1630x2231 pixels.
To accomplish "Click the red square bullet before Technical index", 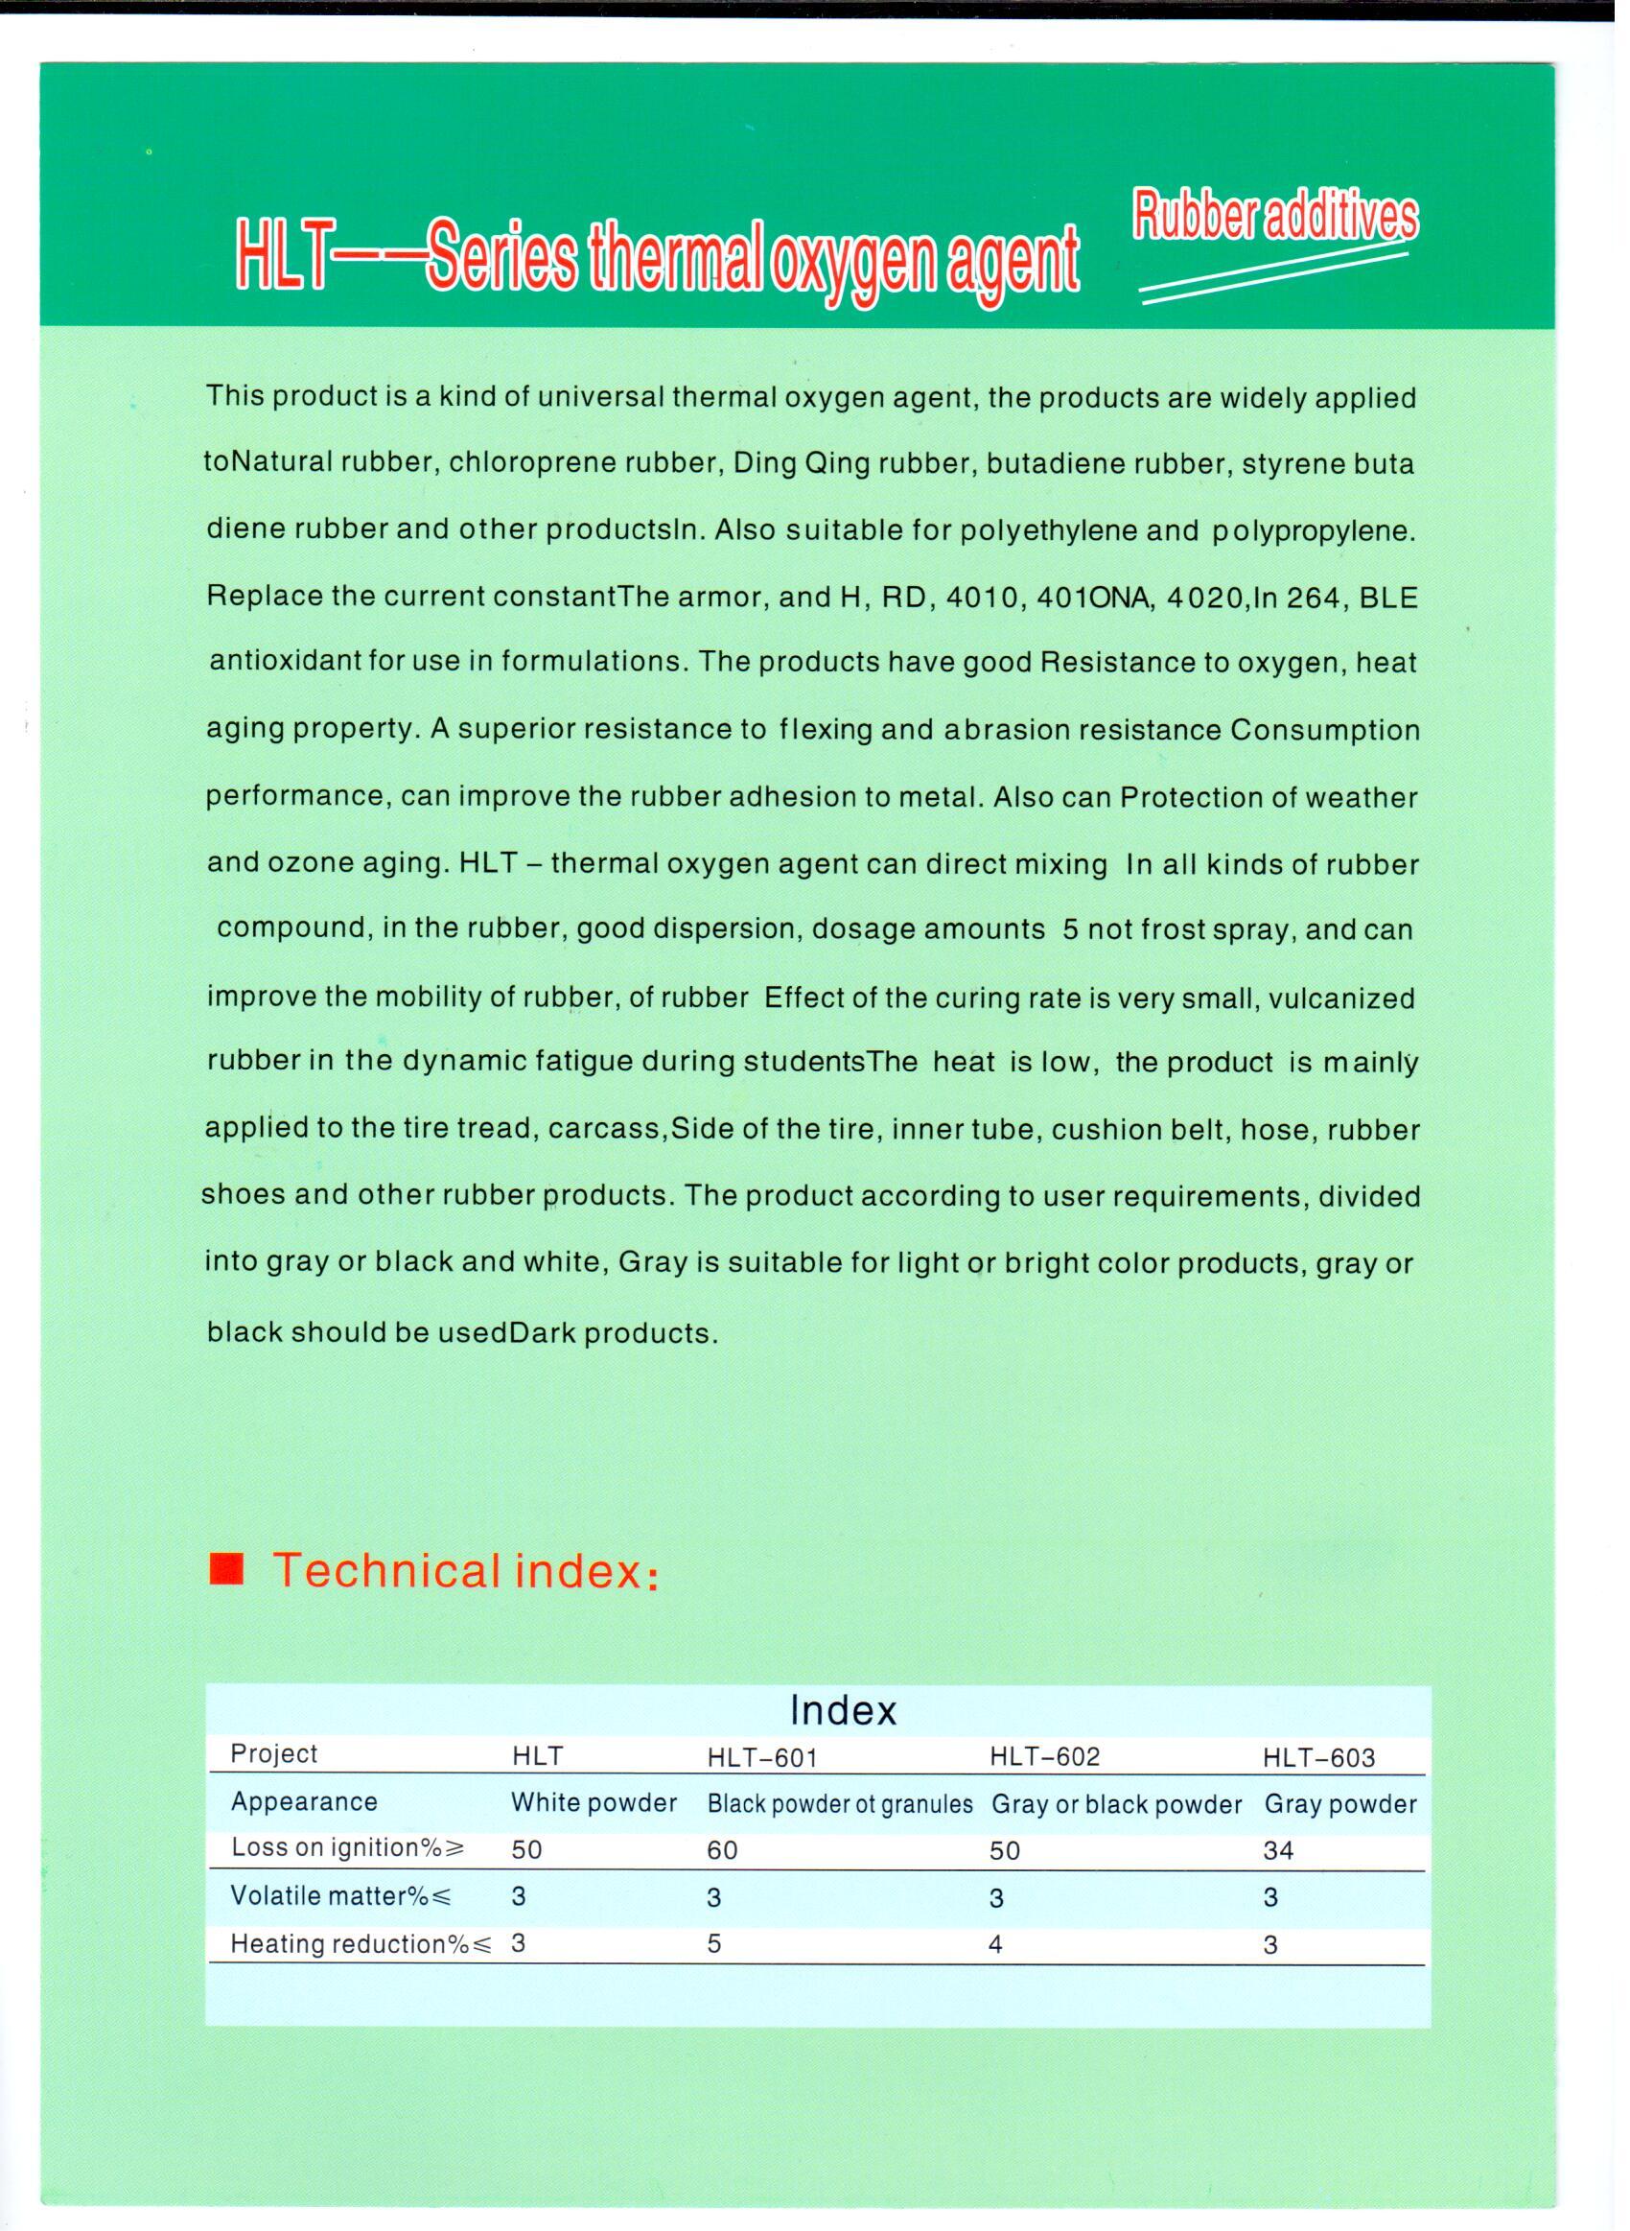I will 226,1569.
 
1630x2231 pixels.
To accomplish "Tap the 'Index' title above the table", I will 843,1710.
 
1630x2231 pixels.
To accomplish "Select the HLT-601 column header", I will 761,1757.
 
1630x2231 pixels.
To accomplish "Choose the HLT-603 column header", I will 1318,1757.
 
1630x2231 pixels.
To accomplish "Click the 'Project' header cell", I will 273,1753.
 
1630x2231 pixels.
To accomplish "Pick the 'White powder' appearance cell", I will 593,1803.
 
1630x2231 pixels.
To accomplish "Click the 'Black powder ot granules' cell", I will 840,1805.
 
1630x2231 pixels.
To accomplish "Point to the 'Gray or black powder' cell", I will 1116,1805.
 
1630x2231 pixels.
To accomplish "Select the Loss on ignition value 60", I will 722,1850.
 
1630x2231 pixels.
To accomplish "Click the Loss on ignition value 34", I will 1278,1850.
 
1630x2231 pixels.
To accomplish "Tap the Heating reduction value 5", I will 714,1944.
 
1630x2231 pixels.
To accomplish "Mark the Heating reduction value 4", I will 995,1944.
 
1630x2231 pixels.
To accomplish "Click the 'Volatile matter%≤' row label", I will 340,1895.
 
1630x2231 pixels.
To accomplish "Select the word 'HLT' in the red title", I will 281,260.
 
